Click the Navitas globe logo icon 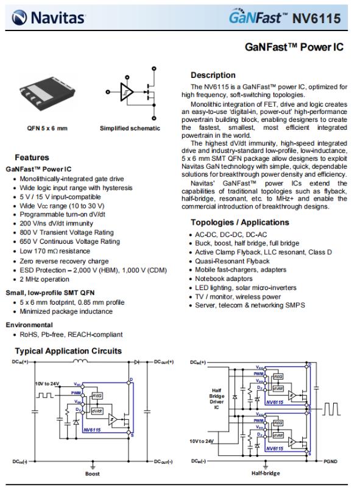19,17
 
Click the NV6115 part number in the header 316,18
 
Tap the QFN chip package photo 48,92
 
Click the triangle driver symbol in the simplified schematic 127,92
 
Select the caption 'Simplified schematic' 130,129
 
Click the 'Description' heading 213,75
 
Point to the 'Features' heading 32,157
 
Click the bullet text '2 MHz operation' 44,279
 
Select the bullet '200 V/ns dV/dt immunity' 56,224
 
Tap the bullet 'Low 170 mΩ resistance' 55,251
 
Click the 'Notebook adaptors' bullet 224,278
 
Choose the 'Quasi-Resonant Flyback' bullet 232,261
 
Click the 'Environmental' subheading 29,325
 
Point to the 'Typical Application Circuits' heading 68,351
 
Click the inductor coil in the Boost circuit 80,361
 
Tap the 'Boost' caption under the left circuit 93,474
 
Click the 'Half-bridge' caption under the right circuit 266,473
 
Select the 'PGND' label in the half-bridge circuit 330,461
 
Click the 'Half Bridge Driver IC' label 217,399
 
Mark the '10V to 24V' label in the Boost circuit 47,383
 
